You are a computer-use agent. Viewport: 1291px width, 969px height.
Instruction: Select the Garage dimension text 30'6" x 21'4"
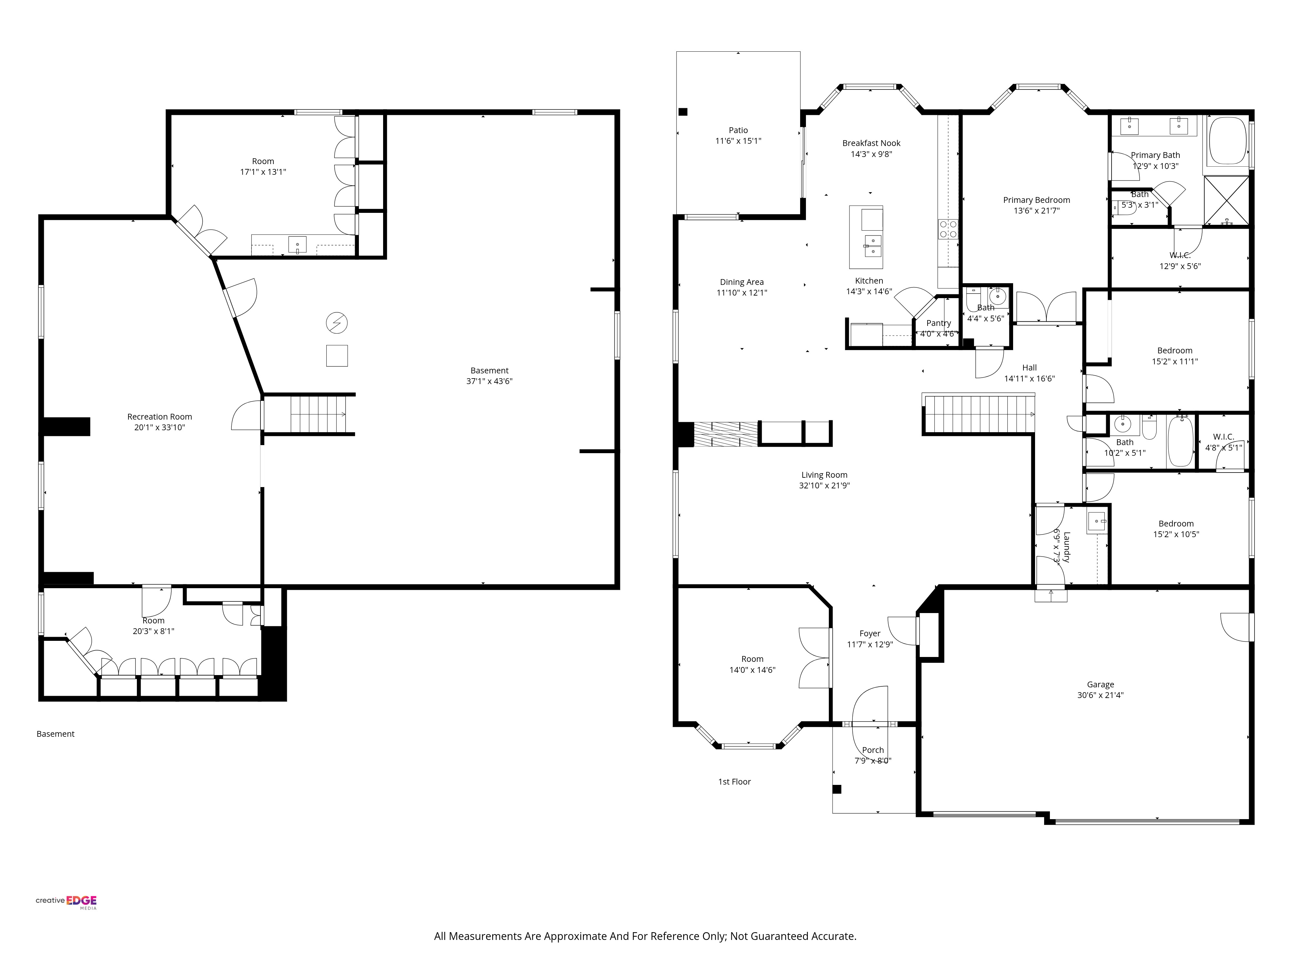(x=1100, y=695)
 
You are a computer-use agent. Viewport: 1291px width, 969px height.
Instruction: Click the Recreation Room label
(x=159, y=416)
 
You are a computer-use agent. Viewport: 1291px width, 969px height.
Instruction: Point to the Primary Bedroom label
(x=1037, y=200)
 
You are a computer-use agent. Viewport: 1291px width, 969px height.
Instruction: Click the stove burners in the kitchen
(x=948, y=228)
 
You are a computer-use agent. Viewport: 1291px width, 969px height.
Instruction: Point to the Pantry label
(x=939, y=323)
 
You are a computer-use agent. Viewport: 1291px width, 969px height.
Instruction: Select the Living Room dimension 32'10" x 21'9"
(x=824, y=485)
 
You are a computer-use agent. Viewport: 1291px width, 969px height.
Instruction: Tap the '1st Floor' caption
(x=734, y=782)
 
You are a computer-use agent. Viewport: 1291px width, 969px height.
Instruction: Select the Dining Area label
(x=741, y=282)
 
